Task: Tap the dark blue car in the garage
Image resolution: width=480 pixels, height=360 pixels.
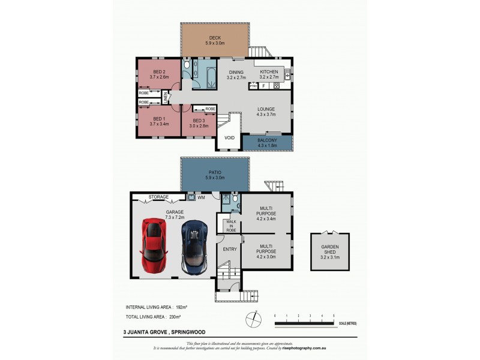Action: [x=194, y=246]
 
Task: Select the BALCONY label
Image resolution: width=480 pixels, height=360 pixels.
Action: [x=266, y=142]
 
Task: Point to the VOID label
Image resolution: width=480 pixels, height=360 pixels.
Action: [x=229, y=138]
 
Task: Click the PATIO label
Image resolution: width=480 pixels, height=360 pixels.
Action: [x=215, y=173]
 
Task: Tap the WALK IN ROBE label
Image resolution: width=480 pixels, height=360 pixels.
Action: [x=230, y=226]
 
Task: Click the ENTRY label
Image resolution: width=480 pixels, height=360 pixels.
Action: [x=229, y=249]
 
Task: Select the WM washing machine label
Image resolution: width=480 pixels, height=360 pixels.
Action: [x=201, y=196]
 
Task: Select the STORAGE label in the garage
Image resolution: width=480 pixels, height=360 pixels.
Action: [x=158, y=196]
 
